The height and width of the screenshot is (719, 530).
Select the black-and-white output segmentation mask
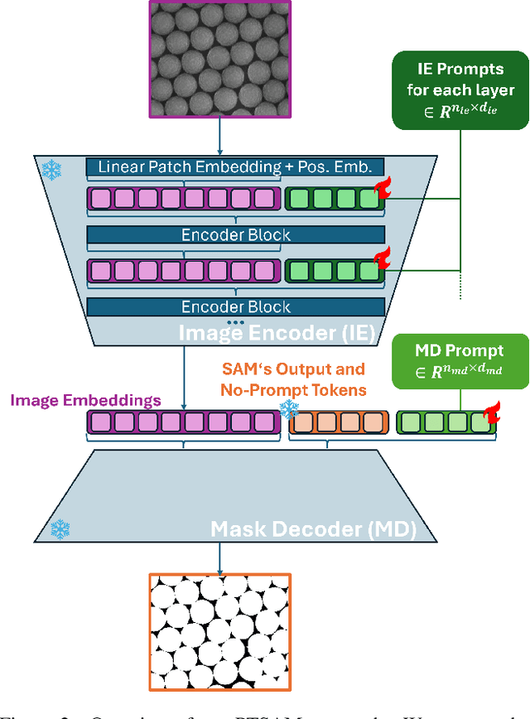tap(219, 631)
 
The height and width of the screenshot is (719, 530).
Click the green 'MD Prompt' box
tap(460, 359)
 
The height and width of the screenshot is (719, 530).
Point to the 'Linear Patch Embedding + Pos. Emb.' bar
tap(236, 166)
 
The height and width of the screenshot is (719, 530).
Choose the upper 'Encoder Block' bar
tap(236, 234)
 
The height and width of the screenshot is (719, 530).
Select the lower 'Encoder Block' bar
tap(236, 306)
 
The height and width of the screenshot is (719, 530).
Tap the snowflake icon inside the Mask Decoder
tap(60, 528)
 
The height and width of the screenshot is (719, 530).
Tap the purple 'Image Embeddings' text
tap(85, 400)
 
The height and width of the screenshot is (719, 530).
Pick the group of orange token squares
tap(337, 422)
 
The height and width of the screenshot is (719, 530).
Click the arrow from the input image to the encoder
tap(219, 136)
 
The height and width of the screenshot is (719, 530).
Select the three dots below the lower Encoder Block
tap(236, 321)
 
